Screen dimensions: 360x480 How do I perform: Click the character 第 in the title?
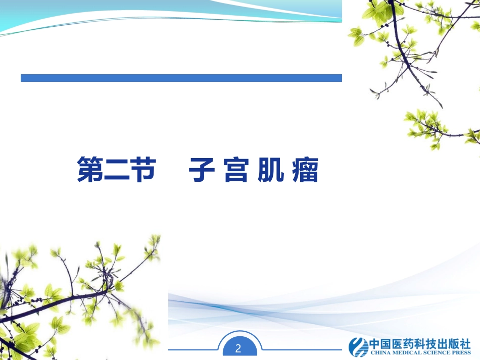pos(90,170)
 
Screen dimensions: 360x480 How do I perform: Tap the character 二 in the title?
pos(116,170)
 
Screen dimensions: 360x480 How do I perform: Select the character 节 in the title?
pos(141,170)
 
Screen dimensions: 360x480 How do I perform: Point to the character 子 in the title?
pos(202,170)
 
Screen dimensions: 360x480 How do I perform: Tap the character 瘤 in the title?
pos(305,170)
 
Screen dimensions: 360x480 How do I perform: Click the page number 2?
pos(239,348)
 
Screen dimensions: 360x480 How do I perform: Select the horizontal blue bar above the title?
pos(181,78)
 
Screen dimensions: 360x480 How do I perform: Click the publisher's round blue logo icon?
pos(358,346)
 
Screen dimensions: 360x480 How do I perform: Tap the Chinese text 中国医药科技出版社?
pos(420,343)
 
